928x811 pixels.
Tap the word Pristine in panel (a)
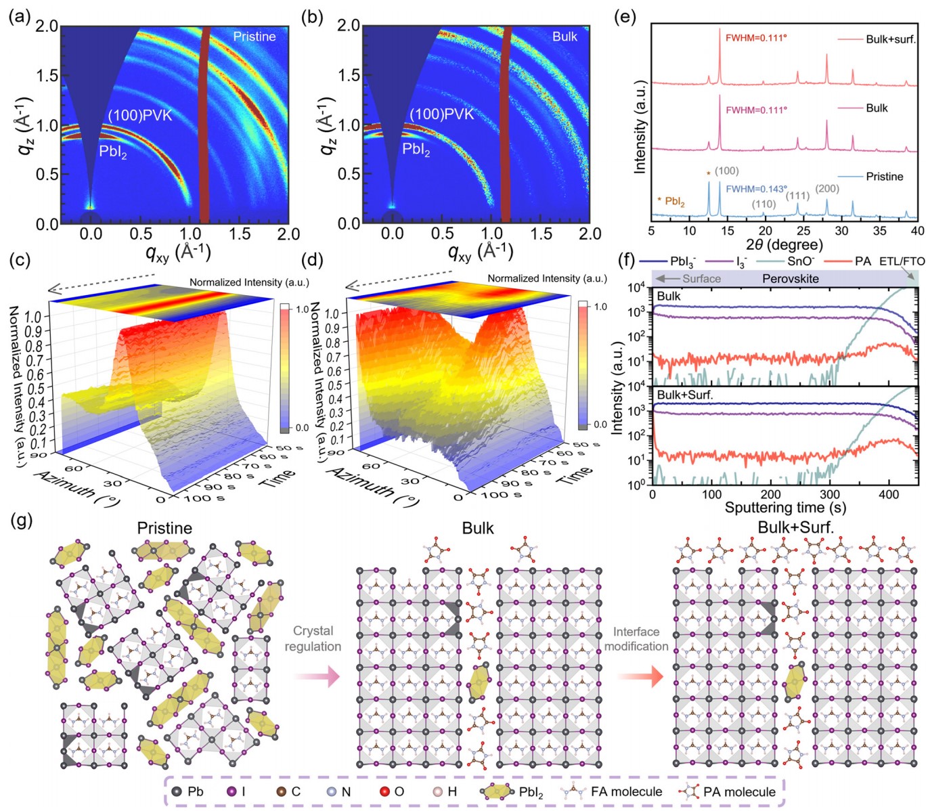pos(255,37)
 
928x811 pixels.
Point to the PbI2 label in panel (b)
pos(416,150)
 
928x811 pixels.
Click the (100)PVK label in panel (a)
pos(140,115)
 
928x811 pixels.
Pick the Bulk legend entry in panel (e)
pos(877,108)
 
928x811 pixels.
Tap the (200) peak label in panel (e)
pos(827,189)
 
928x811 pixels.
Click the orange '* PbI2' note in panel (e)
pos(671,201)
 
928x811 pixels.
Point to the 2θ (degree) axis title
pos(784,244)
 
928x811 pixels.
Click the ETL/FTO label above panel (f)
pos(902,261)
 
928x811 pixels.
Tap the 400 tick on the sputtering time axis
pos(889,495)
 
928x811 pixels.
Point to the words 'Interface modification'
pos(636,639)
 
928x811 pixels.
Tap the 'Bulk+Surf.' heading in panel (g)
pos(795,527)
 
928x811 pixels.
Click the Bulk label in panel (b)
pos(565,37)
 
